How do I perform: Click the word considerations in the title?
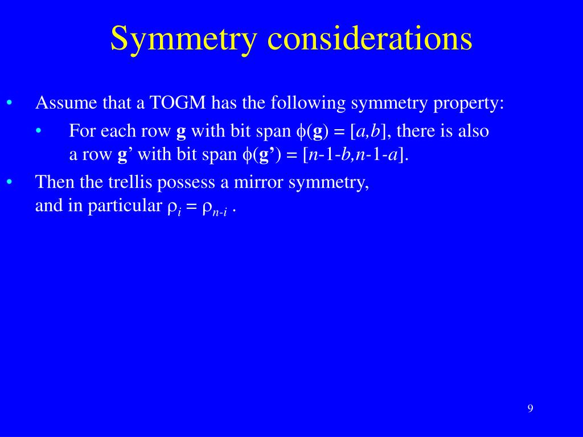(370, 38)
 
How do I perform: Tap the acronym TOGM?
(178, 102)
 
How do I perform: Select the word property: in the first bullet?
(469, 104)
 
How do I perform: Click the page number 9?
(530, 409)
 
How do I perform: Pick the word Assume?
(66, 103)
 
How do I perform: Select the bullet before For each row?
(39, 131)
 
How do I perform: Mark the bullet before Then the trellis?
(10, 182)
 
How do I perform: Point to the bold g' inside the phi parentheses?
(264, 155)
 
